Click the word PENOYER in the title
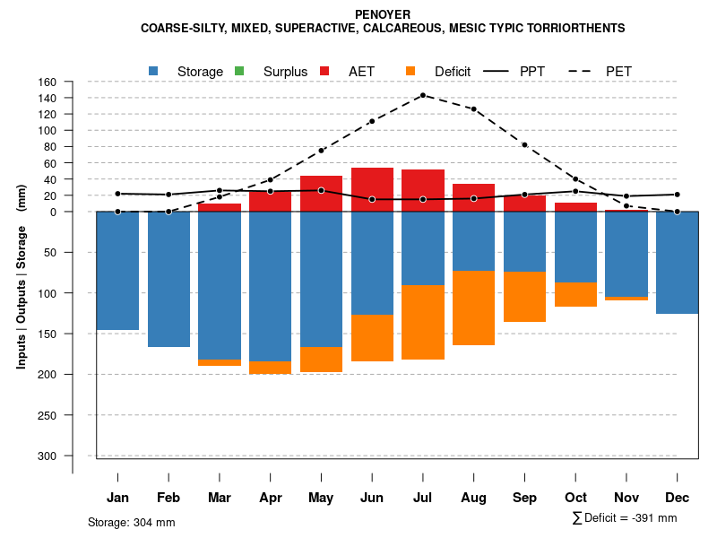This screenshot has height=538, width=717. point(383,14)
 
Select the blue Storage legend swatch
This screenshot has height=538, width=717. point(154,71)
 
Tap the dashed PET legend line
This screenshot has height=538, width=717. point(581,71)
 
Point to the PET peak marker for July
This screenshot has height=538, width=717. point(422,95)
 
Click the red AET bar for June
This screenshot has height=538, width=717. point(372,189)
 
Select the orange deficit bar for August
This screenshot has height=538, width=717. point(473,308)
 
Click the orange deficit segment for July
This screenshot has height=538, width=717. point(422,322)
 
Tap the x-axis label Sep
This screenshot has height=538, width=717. point(524,498)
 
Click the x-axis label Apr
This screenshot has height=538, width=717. point(270,498)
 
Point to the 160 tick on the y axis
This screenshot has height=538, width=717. point(73,82)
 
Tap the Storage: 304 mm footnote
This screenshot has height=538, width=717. point(131,522)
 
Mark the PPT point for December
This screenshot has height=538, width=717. point(677,195)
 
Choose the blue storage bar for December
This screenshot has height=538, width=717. point(677,263)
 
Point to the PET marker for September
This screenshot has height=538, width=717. point(524,144)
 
